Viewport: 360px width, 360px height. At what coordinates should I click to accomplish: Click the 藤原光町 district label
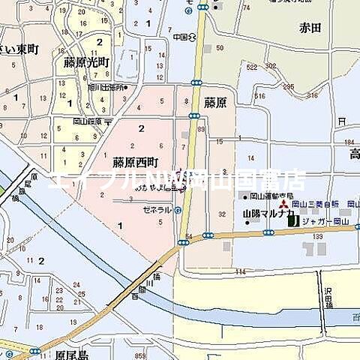[x=86, y=62]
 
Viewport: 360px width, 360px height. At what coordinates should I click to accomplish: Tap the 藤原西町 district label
[x=136, y=161]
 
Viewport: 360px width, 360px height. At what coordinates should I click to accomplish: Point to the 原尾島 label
[x=73, y=353]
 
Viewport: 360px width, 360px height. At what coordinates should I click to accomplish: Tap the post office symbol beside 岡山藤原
[x=109, y=121]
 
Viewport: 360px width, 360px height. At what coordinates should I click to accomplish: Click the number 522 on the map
[x=251, y=67]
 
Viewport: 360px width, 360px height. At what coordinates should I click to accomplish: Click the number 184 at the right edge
[x=348, y=142]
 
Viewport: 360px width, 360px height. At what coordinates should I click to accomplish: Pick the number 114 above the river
[x=241, y=271]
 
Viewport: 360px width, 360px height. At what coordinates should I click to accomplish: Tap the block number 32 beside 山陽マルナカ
[x=221, y=214]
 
